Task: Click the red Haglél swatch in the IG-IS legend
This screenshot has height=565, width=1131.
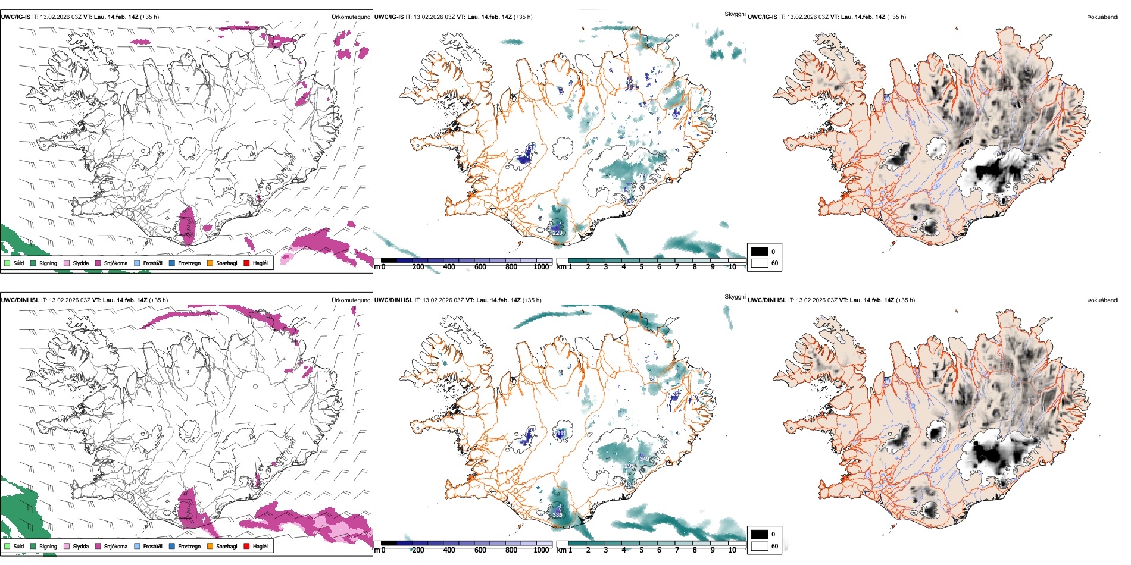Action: click(246, 263)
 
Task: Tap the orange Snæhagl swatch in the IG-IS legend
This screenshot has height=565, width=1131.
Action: click(210, 263)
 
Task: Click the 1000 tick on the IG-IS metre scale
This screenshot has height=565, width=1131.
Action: click(541, 267)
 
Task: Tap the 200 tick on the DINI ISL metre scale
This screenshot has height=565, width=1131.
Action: click(418, 550)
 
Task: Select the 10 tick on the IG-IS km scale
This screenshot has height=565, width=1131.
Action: click(732, 267)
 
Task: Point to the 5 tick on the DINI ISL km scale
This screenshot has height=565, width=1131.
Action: click(641, 550)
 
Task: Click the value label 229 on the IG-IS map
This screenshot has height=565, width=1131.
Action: click(557, 233)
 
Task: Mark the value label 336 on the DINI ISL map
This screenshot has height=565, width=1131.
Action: click(557, 515)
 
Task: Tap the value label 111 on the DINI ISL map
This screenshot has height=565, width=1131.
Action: click(561, 434)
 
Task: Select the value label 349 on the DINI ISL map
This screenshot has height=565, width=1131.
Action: click(644, 459)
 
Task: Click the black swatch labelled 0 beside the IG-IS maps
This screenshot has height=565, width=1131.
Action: click(760, 252)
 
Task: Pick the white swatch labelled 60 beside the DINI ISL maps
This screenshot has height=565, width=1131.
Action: click(760, 546)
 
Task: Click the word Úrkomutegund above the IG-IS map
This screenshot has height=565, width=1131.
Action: click(351, 17)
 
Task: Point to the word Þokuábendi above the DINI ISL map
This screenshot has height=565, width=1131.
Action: click(1102, 300)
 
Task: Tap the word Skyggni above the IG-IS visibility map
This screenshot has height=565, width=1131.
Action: click(735, 14)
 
